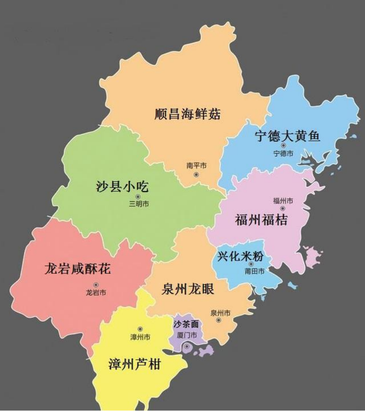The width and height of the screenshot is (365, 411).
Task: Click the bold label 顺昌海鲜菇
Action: pyautogui.click(x=188, y=115)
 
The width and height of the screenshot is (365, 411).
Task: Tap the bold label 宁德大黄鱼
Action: pyautogui.click(x=287, y=136)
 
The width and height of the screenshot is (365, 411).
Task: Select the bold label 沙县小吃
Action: pyautogui.click(x=122, y=187)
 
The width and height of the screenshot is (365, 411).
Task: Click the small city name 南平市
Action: pyautogui.click(x=196, y=166)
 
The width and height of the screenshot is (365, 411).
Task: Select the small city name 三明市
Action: pyautogui.click(x=138, y=204)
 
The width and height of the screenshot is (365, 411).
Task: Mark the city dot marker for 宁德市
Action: pyautogui.click(x=283, y=145)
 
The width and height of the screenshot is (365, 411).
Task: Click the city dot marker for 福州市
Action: pyautogui.click(x=283, y=208)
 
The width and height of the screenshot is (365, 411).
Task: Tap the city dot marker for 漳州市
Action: pyautogui.click(x=140, y=329)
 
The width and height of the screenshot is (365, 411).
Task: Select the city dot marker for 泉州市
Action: pyautogui.click(x=218, y=320)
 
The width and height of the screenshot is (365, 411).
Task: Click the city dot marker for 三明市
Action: pyautogui.click(x=138, y=196)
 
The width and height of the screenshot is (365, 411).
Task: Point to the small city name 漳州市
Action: pyautogui.click(x=140, y=337)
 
